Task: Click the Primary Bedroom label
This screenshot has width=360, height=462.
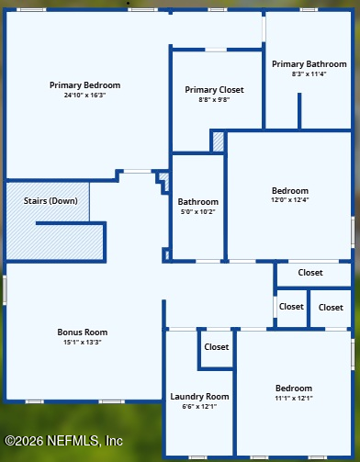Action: click(84, 85)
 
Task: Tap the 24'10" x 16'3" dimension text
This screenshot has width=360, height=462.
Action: click(84, 95)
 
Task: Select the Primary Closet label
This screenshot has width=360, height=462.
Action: click(214, 90)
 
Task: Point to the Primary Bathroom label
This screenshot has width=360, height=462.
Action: click(309, 64)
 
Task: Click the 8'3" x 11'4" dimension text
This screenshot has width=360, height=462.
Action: click(309, 73)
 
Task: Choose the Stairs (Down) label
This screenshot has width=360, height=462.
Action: click(51, 201)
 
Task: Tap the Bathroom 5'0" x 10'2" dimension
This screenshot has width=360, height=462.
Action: click(198, 211)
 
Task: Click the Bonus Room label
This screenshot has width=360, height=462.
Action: click(83, 332)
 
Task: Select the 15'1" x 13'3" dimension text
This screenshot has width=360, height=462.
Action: click(83, 342)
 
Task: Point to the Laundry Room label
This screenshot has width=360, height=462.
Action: click(199, 397)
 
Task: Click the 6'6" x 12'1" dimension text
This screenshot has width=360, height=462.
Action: click(199, 406)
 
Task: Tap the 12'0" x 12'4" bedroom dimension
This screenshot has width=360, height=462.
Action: click(290, 200)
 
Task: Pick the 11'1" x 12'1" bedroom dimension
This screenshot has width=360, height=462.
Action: click(294, 398)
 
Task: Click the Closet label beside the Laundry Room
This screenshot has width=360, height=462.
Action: click(217, 347)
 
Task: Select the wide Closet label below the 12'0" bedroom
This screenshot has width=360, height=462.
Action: click(310, 273)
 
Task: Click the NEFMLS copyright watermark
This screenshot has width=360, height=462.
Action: click(63, 441)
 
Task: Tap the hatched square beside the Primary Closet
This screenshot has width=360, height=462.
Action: click(219, 141)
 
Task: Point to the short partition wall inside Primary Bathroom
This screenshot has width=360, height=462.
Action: click(299, 111)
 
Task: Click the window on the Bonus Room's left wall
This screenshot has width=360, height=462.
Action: click(5, 290)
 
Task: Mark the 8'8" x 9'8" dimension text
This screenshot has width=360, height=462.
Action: click(214, 99)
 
